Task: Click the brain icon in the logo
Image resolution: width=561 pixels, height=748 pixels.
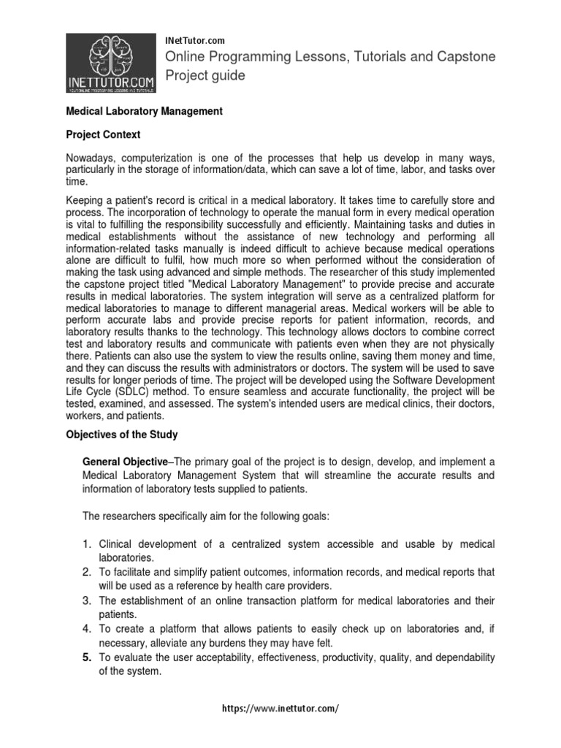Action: (x=111, y=56)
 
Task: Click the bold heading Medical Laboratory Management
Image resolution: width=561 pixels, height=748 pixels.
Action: (x=145, y=111)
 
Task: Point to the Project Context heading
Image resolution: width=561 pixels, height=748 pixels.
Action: (x=104, y=135)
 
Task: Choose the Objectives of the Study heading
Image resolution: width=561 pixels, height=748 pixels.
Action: (x=122, y=435)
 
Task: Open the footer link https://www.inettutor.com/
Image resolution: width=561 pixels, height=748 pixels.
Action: (x=280, y=709)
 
